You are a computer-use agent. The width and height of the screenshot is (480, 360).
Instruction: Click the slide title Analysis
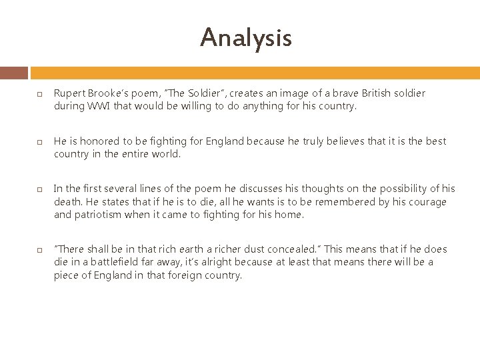pos(245,37)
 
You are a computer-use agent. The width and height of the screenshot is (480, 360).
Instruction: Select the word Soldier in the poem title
pos(203,93)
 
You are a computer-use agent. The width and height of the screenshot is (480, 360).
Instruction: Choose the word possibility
pos(393,189)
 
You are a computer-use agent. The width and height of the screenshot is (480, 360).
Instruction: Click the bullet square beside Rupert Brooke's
pos(40,94)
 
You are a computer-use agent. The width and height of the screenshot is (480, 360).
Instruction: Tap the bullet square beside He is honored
pos(40,142)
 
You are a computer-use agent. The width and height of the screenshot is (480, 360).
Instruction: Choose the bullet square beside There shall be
pos(40,250)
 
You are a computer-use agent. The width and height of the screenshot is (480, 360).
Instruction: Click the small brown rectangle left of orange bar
pos(14,73)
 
